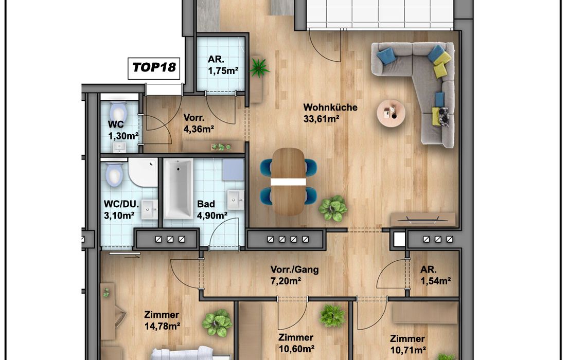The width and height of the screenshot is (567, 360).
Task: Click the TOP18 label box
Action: [154, 67]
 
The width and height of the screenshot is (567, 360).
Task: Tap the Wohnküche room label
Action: [330, 107]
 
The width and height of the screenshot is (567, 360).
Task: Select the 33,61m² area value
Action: [321, 119]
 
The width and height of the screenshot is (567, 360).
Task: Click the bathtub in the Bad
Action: [178, 189]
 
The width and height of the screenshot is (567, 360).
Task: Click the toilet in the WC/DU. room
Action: [114, 174]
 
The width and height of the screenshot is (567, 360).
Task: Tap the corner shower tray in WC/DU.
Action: [143, 172]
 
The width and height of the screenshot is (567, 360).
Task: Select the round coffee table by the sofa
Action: [391, 113]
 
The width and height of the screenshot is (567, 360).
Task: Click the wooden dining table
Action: [288, 182]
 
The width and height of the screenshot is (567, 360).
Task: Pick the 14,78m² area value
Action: [163, 327]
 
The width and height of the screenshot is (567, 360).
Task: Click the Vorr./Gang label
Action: [294, 269]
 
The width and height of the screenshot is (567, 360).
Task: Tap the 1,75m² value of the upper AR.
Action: [223, 71]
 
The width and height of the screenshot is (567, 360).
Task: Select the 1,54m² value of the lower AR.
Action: [435, 281]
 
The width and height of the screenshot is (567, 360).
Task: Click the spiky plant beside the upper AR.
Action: [259, 67]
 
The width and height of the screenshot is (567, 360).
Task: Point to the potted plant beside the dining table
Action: [333, 208]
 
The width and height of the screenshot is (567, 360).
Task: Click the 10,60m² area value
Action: [296, 349]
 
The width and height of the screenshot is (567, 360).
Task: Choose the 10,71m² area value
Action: [408, 350]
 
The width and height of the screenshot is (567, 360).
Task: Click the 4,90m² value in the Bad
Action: [212, 216]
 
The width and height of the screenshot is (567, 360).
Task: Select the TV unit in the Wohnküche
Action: [423, 219]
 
